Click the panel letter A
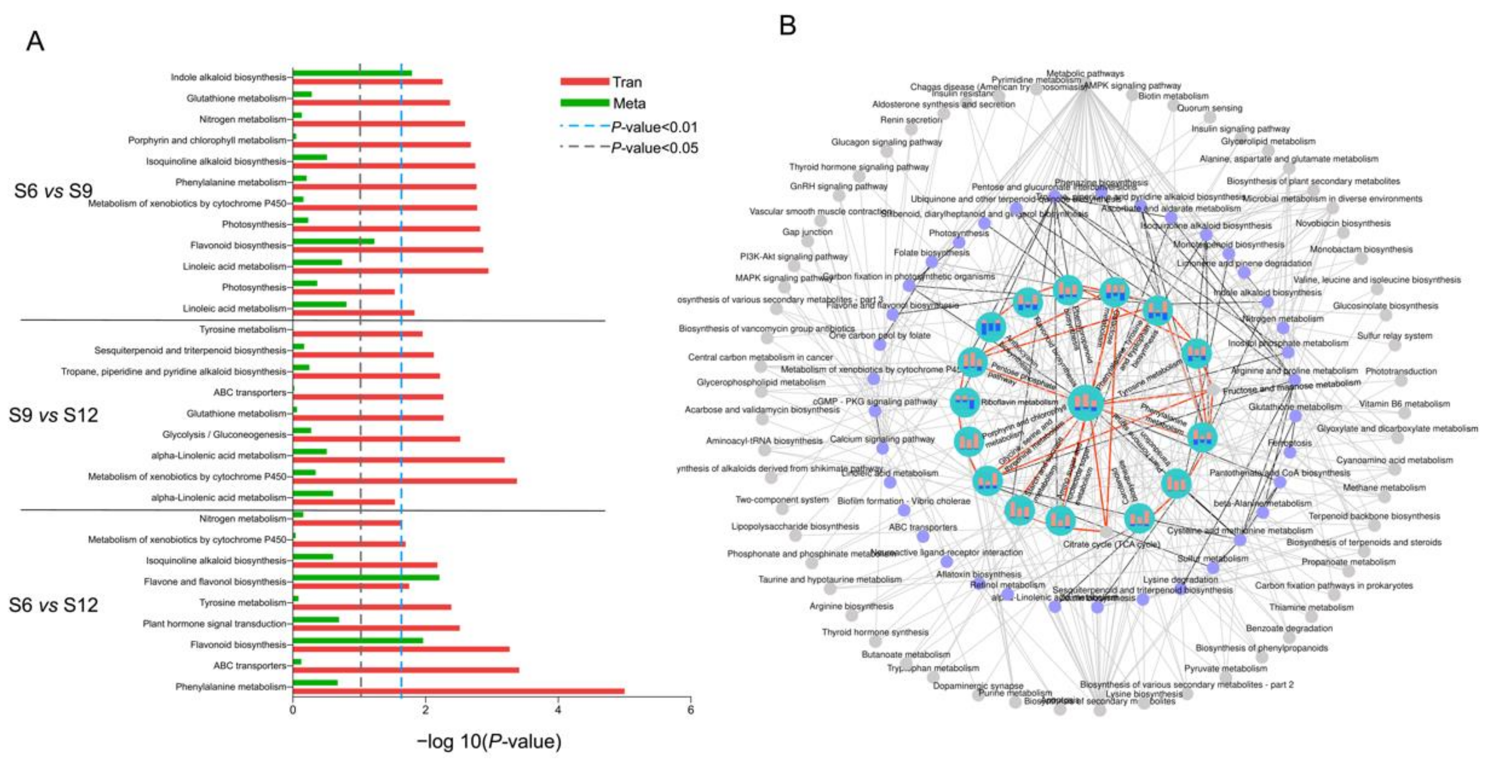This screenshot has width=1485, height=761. tap(35, 42)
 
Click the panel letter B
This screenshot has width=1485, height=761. tap(787, 25)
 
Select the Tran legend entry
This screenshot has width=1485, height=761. tap(627, 82)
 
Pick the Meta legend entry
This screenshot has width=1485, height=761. tap(629, 104)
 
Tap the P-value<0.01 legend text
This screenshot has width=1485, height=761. tap(654, 127)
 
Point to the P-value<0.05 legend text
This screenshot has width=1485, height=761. tap(654, 148)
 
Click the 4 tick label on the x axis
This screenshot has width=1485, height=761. tap(558, 710)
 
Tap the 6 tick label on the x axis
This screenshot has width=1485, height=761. tap(690, 710)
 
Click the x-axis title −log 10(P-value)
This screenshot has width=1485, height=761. tap(489, 741)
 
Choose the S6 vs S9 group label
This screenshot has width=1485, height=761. tap(53, 191)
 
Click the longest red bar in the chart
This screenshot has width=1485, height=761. tap(458, 691)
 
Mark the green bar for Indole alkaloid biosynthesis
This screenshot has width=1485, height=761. tap(352, 73)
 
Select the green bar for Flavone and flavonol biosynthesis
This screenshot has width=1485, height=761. tap(366, 577)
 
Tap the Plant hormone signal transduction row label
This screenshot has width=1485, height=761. tap(215, 624)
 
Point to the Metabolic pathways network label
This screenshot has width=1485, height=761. tap(1084, 74)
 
